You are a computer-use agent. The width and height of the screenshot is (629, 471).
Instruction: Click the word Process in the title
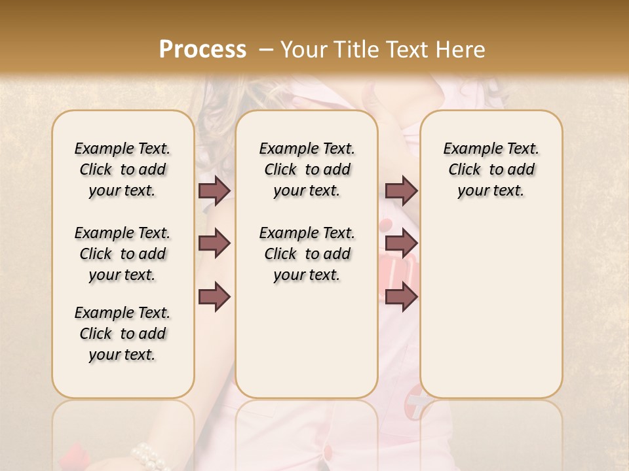(202, 50)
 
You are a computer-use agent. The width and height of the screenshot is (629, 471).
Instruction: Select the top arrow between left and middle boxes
(214, 190)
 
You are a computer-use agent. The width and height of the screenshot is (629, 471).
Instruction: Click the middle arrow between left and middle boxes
(214, 243)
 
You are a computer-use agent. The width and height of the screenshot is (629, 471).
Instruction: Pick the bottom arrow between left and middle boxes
(214, 296)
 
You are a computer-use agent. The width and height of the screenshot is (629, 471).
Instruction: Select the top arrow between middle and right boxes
(401, 190)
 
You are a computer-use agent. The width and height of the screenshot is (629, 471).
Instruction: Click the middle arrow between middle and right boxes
(401, 243)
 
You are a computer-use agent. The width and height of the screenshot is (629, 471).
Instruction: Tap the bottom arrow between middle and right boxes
(401, 296)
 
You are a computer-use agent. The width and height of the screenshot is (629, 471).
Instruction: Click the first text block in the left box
(123, 169)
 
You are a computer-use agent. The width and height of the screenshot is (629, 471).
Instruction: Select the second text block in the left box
(123, 254)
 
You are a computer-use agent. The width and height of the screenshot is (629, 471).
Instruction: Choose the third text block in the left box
(123, 334)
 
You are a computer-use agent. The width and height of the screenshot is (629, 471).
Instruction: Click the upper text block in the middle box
(307, 169)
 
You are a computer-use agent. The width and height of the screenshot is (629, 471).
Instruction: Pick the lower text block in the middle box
(307, 254)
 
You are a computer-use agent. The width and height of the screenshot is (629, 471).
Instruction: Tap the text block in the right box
(491, 169)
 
